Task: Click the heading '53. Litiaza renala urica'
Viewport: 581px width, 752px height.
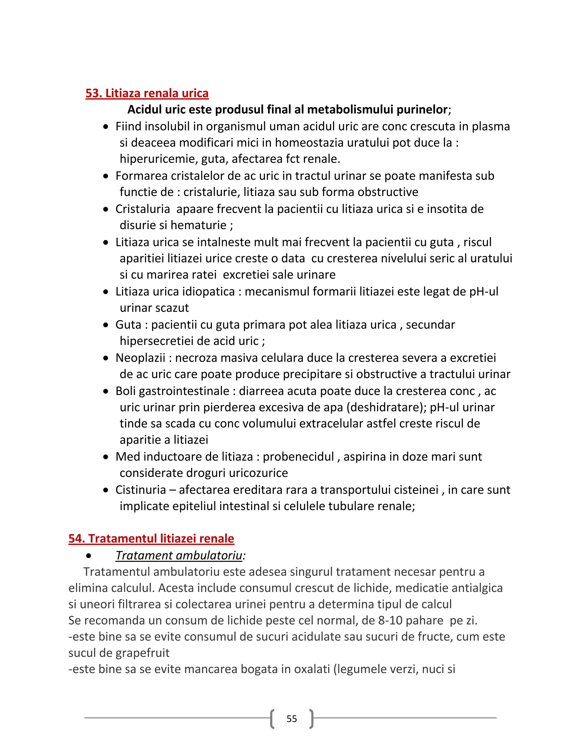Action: click(x=147, y=93)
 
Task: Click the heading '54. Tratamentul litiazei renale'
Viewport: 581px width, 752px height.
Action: click(x=151, y=539)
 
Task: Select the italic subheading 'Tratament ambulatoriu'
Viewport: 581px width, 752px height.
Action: click(x=179, y=555)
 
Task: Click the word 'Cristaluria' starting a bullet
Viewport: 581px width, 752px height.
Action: click(x=142, y=209)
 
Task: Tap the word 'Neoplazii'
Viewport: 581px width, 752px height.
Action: click(x=140, y=358)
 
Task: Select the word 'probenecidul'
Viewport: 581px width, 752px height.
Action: click(x=298, y=457)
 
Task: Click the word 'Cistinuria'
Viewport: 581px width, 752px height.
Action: click(x=140, y=490)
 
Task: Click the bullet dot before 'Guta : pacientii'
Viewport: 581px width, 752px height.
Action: click(x=106, y=325)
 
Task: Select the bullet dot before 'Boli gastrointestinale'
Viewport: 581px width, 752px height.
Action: click(x=106, y=392)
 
